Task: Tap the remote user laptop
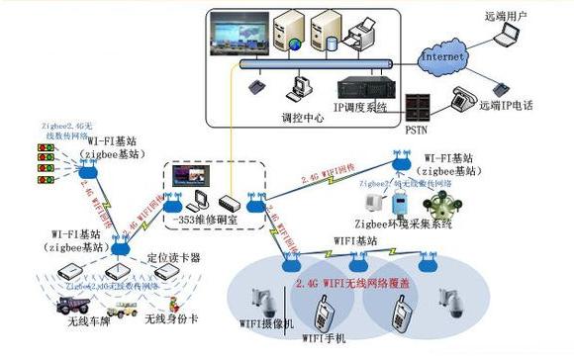pyautogui.click(x=509, y=38)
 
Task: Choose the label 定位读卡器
pyautogui.click(x=180, y=257)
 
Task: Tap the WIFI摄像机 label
pyautogui.click(x=260, y=322)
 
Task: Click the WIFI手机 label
pyautogui.click(x=327, y=339)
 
